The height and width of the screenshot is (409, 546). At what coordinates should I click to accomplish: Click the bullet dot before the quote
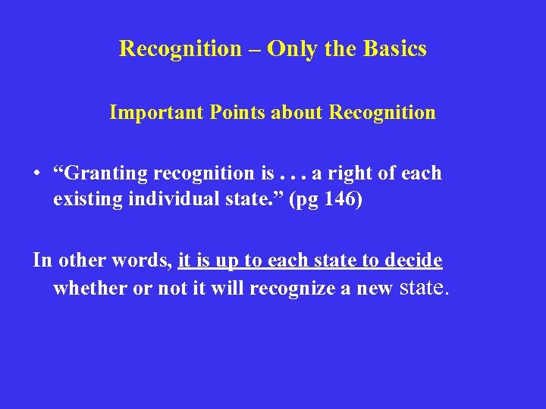click(36, 174)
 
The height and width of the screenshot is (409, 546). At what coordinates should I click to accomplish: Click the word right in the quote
click(349, 173)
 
